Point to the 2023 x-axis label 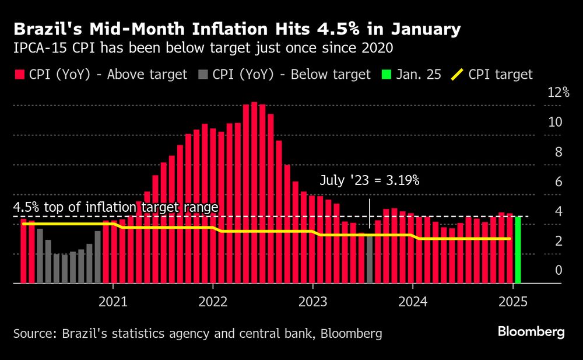click(x=312, y=302)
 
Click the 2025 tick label click(x=513, y=302)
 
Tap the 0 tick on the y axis click(x=559, y=270)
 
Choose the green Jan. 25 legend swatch click(x=387, y=74)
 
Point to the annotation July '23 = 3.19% click(x=369, y=180)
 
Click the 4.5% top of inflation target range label click(x=115, y=208)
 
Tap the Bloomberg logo click(x=531, y=332)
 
